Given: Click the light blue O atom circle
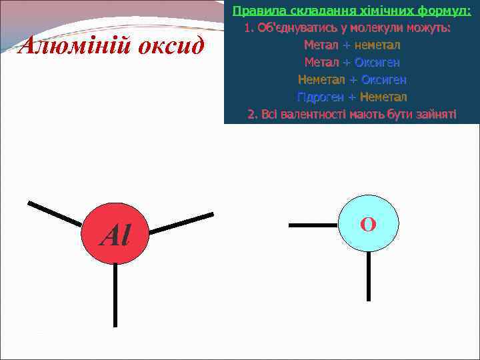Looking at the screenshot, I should (x=368, y=224).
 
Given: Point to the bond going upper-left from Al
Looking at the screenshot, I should (x=55, y=213).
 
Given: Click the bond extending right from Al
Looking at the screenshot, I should (x=181, y=223).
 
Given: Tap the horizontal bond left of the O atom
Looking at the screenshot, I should (x=313, y=225).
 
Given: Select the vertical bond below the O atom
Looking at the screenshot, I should (x=369, y=276).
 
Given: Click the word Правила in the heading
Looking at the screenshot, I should (x=253, y=11).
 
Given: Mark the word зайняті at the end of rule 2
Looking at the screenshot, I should (x=437, y=114).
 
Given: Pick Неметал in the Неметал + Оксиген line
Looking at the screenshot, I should (x=321, y=79).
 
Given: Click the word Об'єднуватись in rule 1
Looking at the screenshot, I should (x=291, y=29).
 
